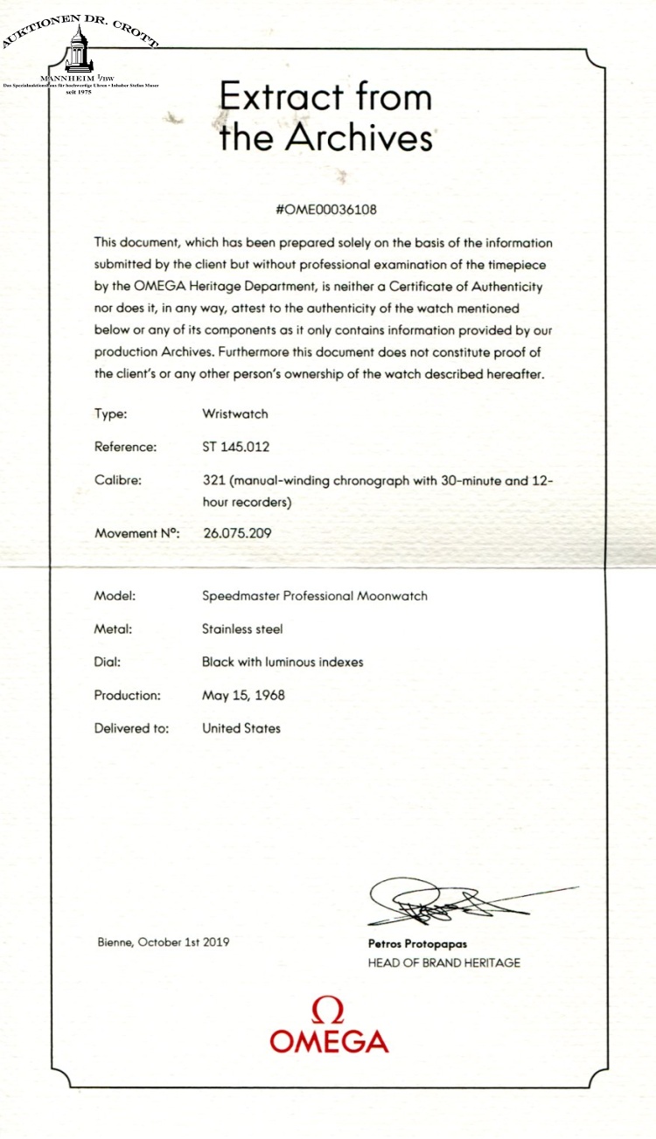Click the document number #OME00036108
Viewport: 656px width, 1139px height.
326,211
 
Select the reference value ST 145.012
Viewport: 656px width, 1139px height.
235,447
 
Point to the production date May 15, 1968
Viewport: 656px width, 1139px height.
243,696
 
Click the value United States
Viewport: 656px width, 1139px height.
241,727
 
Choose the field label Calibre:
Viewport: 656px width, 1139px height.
118,479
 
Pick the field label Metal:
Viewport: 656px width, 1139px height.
115,629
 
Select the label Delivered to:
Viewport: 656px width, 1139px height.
131,727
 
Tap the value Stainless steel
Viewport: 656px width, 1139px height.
242,629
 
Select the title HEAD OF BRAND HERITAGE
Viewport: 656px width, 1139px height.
443,962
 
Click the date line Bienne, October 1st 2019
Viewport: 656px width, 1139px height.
163,943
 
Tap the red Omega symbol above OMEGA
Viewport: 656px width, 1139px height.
327,1011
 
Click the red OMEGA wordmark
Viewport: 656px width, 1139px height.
329,1041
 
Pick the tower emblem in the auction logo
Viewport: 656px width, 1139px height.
78,49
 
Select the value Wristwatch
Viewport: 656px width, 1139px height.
234,414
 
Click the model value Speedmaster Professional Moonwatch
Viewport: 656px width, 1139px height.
314,596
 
